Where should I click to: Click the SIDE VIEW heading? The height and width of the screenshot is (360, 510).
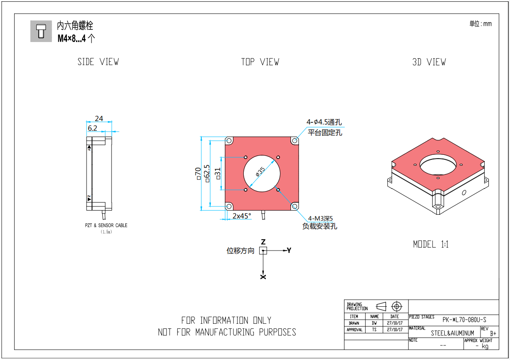pyautogui.click(x=98, y=62)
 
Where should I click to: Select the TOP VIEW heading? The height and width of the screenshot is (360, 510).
pyautogui.click(x=260, y=62)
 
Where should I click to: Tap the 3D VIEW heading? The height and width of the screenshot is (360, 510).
pyautogui.click(x=429, y=62)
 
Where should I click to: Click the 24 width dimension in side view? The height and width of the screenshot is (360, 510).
pyautogui.click(x=99, y=119)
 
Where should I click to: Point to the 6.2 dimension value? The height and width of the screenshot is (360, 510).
pyautogui.click(x=92, y=128)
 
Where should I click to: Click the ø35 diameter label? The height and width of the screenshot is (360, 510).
pyautogui.click(x=260, y=171)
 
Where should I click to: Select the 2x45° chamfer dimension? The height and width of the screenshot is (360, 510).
pyautogui.click(x=242, y=216)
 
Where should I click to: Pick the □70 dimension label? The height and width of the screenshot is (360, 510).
pyautogui.click(x=198, y=173)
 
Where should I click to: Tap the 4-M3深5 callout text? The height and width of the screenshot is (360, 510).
pyautogui.click(x=321, y=218)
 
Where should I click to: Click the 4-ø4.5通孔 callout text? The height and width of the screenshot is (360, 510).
pyautogui.click(x=324, y=122)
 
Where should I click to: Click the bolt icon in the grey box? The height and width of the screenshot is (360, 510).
pyautogui.click(x=41, y=31)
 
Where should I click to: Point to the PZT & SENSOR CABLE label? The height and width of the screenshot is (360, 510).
pyautogui.click(x=106, y=226)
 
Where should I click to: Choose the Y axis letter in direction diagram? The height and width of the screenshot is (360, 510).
pyautogui.click(x=289, y=250)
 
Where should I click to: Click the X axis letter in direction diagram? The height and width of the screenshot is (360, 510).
pyautogui.click(x=263, y=277)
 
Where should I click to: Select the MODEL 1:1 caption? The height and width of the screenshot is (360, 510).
pyautogui.click(x=431, y=244)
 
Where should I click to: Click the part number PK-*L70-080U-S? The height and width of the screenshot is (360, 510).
pyautogui.click(x=464, y=320)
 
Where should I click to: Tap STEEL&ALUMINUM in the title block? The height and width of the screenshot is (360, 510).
pyautogui.click(x=452, y=333)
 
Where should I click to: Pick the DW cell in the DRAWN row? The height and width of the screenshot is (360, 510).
pyautogui.click(x=374, y=323)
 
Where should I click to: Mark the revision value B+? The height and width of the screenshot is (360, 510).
pyautogui.click(x=493, y=333)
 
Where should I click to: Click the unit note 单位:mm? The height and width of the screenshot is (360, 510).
pyautogui.click(x=480, y=24)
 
